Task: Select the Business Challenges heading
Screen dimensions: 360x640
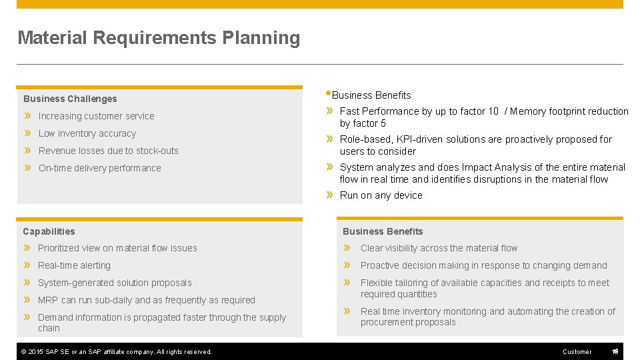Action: tap(70, 99)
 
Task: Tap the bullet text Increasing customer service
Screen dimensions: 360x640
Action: tap(96, 116)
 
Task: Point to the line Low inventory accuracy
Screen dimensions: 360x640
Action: tap(87, 133)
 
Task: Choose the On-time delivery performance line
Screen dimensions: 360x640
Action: tap(99, 168)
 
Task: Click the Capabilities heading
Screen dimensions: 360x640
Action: tap(49, 231)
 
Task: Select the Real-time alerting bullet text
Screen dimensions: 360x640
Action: tap(74, 265)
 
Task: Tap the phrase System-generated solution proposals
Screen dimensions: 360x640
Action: tap(115, 283)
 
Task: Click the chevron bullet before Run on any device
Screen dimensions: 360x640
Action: tap(329, 195)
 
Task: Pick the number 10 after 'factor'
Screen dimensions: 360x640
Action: tap(493, 111)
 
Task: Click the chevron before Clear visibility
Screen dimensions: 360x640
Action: tap(347, 248)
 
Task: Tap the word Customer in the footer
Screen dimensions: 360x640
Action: tap(577, 352)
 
